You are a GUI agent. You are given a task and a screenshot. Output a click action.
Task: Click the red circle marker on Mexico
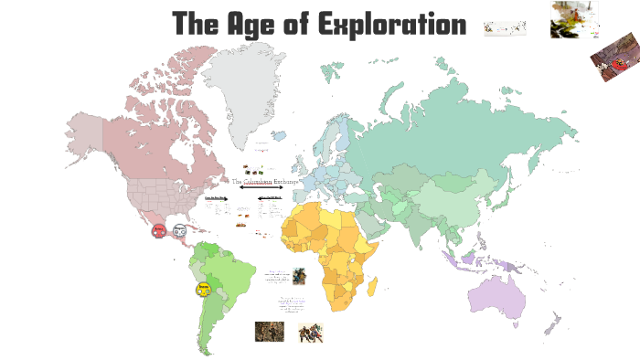[159, 231]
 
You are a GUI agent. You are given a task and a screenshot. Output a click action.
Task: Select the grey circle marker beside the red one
[180, 231]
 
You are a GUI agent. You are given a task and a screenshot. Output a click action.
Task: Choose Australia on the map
[498, 293]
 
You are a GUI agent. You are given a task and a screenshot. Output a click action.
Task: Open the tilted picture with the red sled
[614, 62]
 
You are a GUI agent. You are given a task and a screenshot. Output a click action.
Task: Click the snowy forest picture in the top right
[574, 19]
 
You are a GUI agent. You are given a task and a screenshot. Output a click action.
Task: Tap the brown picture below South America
[269, 331]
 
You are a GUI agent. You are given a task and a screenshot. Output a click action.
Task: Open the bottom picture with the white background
[311, 333]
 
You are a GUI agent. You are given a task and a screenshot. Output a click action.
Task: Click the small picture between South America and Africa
[299, 276]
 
